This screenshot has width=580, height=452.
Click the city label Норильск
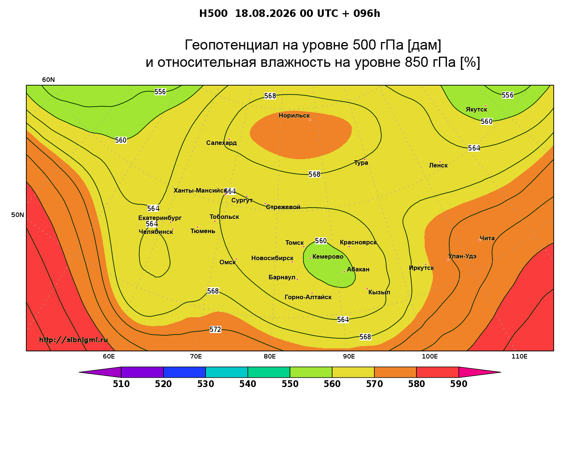point(294,116)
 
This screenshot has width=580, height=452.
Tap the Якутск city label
point(476,110)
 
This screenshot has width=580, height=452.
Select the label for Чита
point(487,238)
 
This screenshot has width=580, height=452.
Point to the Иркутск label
point(421,268)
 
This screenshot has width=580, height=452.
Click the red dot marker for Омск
point(236,259)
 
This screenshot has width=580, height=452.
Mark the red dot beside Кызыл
point(367,289)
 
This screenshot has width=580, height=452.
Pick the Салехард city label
point(221,143)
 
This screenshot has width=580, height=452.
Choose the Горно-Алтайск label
point(308,297)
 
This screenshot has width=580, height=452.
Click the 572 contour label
point(215,330)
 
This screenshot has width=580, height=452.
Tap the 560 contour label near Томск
point(320,241)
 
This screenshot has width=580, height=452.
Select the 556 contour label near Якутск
point(507,95)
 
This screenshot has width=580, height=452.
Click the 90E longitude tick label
point(349,357)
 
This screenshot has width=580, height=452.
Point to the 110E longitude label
point(519,357)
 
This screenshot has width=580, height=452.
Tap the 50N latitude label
point(18,215)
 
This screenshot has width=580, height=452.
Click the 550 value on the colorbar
point(290,384)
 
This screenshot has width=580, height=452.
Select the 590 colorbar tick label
point(458,384)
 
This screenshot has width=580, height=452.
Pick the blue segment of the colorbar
point(185,372)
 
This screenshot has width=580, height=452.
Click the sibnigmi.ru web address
point(74,340)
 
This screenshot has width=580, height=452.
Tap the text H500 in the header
point(213,14)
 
